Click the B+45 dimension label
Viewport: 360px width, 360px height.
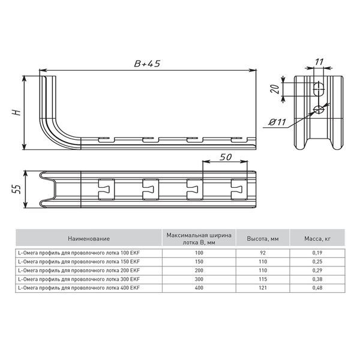point(147,64)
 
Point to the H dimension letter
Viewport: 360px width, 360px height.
point(17,113)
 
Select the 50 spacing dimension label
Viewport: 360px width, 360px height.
point(226,157)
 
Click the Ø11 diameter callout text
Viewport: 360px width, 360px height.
point(278,122)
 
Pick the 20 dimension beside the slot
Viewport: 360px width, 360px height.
point(275,89)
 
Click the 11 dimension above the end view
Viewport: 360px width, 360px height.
point(319,62)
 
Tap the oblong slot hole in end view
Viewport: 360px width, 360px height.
point(319,89)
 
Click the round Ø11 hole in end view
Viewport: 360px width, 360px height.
point(319,109)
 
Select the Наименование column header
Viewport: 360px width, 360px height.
point(89,239)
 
